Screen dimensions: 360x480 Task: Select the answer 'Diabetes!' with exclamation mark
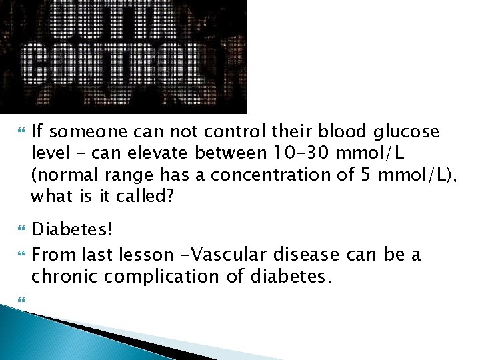point(73,230)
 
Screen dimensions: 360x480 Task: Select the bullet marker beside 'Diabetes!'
point(18,231)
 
